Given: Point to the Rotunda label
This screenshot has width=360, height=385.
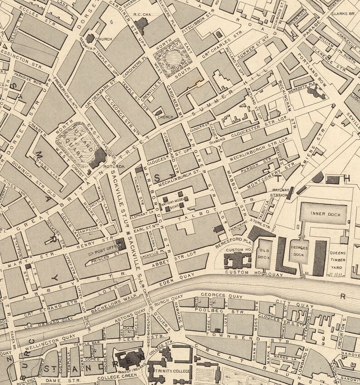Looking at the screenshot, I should coord(114,167).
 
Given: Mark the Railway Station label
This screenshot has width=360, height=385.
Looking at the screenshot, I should coord(279,193).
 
